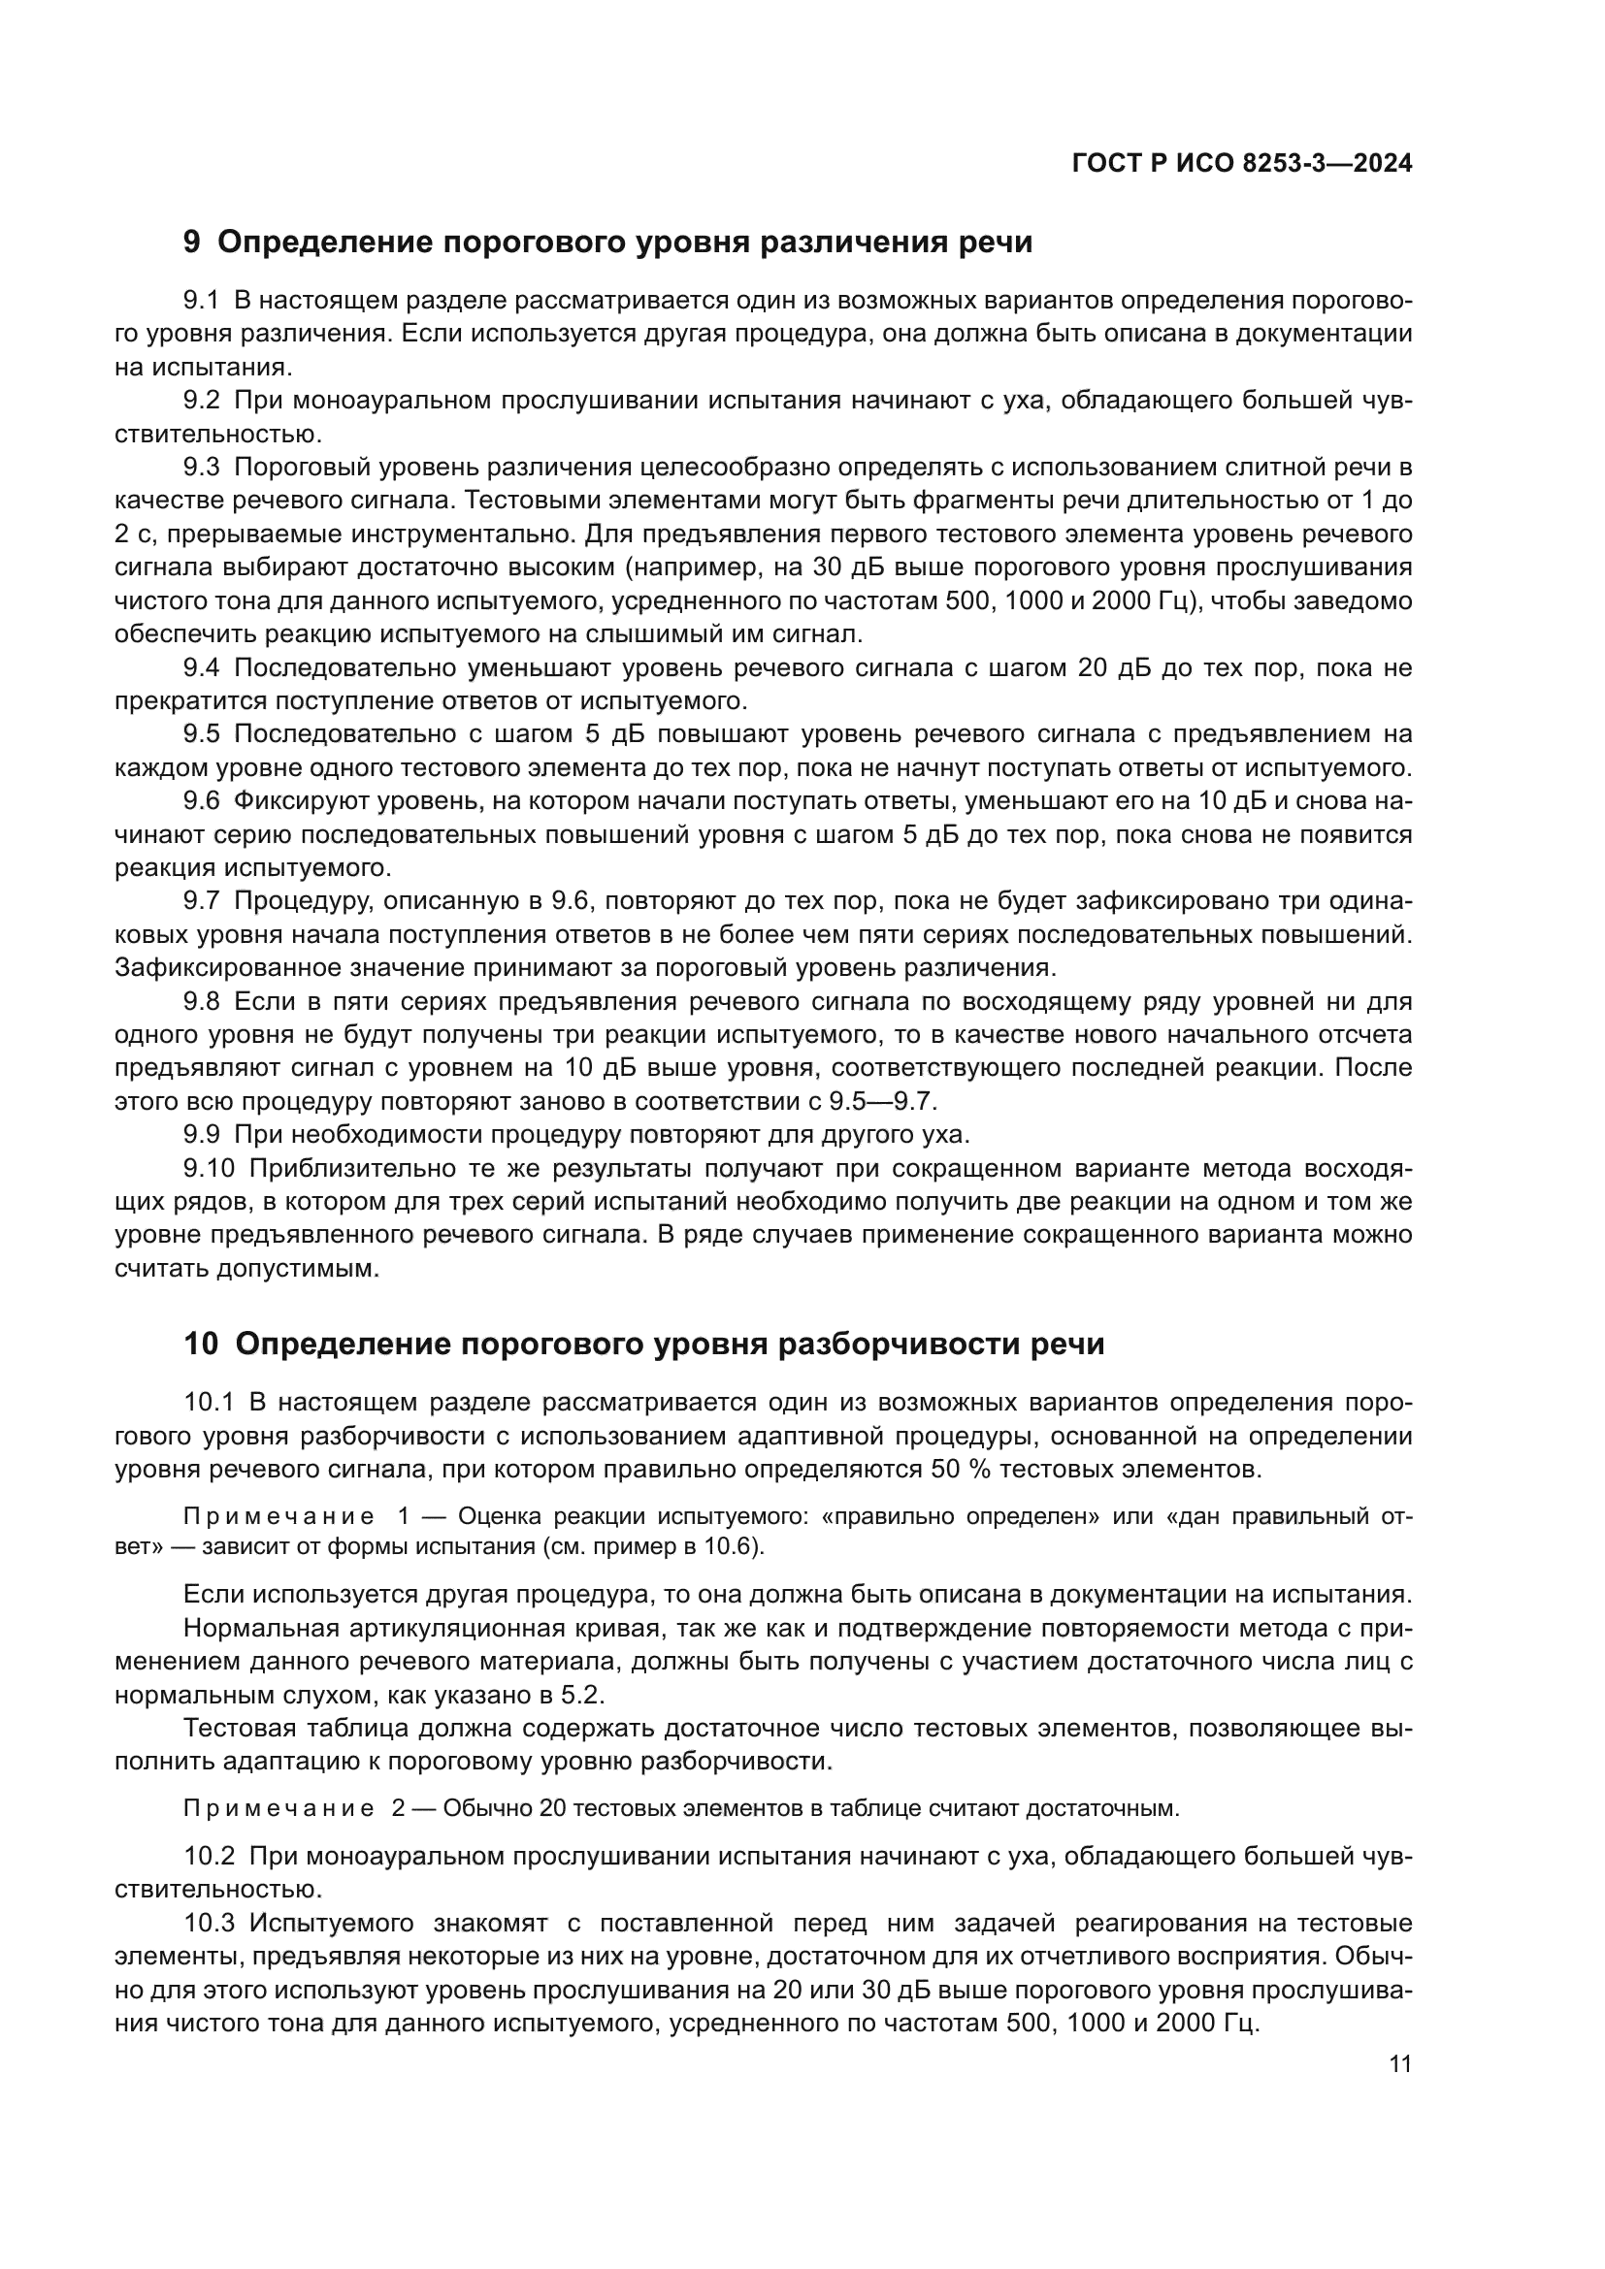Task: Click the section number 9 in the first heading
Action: click(x=192, y=243)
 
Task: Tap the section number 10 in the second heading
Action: click(x=200, y=1344)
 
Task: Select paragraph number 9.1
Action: click(x=202, y=301)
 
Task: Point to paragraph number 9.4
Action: click(x=202, y=668)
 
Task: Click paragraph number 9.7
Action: click(x=202, y=901)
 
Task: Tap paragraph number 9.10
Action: click(x=209, y=1168)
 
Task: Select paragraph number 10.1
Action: click(x=209, y=1403)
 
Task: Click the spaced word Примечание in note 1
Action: click(x=278, y=1517)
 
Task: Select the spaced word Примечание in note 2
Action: click(x=278, y=1808)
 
